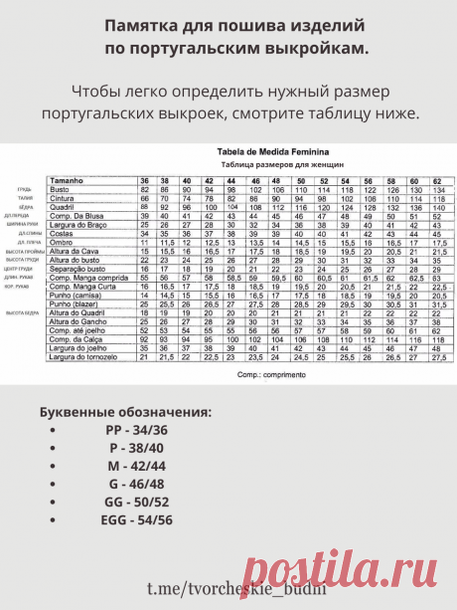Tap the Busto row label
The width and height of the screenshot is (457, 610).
[x=59, y=189]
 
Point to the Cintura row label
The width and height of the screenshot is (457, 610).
[x=62, y=197]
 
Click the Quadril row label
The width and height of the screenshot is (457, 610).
[x=62, y=206]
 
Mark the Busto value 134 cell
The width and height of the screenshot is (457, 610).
[x=438, y=189]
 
